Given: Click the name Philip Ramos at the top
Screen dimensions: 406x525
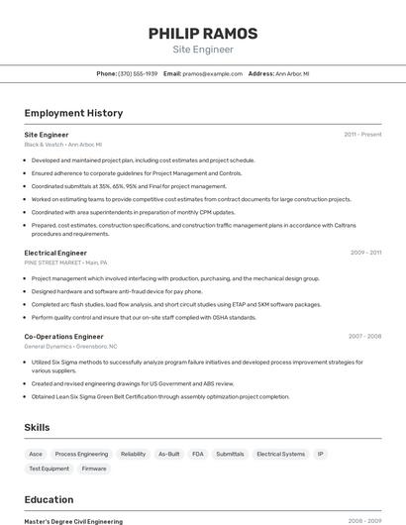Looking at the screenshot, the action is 203,33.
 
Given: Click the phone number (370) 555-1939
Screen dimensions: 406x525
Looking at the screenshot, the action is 138,73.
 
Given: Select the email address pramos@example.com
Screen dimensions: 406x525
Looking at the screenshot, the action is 212,73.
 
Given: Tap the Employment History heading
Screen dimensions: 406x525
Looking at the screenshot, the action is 73,113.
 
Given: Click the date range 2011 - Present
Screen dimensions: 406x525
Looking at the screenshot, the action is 362,134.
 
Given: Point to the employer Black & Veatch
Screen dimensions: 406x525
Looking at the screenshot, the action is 45,145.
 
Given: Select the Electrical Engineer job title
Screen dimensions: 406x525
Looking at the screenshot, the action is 55,253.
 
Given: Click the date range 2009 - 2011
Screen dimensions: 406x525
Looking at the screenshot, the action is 365,253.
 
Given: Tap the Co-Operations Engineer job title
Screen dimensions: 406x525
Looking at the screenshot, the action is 63,336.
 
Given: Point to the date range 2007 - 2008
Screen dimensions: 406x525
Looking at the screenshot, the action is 364,336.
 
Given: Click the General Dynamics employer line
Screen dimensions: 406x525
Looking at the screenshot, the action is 70,347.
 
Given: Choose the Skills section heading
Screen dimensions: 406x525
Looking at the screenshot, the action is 38,427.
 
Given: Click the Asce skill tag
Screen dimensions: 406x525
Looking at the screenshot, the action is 36,454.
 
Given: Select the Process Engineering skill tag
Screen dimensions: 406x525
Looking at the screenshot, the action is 81,454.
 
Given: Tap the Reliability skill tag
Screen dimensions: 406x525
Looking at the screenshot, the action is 133,454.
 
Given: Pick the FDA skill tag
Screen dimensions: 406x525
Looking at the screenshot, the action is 198,454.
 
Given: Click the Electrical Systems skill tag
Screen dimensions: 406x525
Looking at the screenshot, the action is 280,454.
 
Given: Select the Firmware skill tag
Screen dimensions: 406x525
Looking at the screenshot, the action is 94,469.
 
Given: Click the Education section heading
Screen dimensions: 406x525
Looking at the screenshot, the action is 49,499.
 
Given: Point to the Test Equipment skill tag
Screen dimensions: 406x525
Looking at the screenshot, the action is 49,469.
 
